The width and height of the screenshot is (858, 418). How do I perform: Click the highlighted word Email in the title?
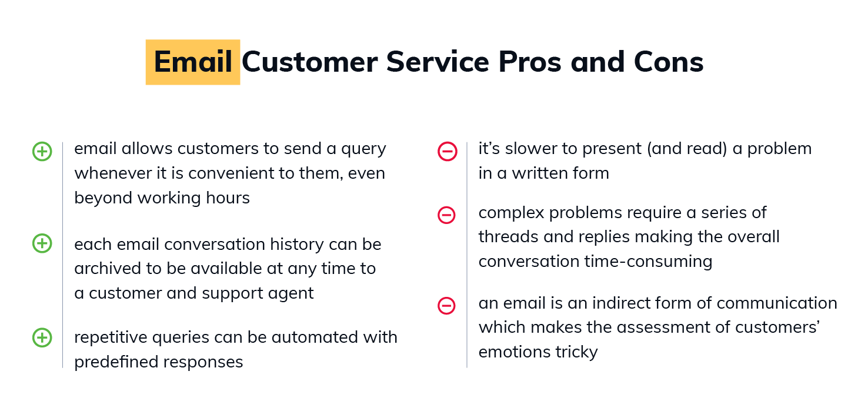pyautogui.click(x=193, y=62)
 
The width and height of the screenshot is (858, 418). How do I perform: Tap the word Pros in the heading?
pyautogui.click(x=530, y=62)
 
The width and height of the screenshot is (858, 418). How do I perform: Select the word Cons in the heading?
pyautogui.click(x=669, y=62)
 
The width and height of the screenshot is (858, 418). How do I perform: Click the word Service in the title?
pyautogui.click(x=438, y=62)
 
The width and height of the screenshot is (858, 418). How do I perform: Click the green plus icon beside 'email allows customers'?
pyautogui.click(x=42, y=152)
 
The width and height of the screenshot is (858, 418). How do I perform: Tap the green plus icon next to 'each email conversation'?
pyautogui.click(x=42, y=243)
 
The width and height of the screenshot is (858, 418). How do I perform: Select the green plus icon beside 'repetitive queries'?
pyautogui.click(x=42, y=337)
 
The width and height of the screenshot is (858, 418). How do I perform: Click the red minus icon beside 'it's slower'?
pyautogui.click(x=448, y=152)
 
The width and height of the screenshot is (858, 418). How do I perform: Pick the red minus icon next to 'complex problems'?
pyautogui.click(x=446, y=215)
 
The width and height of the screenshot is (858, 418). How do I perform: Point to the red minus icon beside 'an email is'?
pyautogui.click(x=446, y=306)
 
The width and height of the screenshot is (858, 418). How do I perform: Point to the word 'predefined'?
pyautogui.click(x=110, y=362)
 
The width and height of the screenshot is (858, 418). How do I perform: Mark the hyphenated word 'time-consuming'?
pyautogui.click(x=648, y=262)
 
